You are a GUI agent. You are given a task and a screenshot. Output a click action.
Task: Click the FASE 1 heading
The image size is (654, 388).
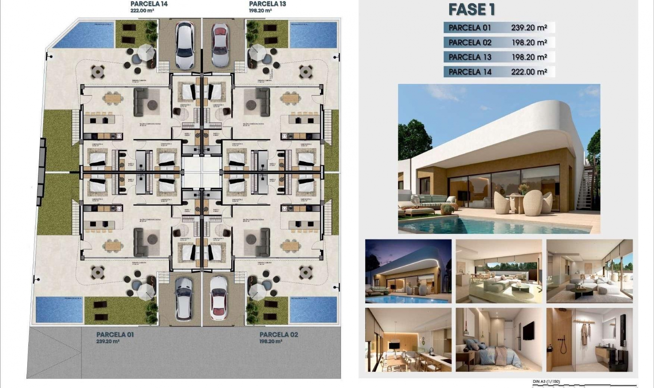tap(471, 10)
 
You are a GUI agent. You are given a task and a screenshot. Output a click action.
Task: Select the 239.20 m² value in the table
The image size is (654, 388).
tap(529, 28)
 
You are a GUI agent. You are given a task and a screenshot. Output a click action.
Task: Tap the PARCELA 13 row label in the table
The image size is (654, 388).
tap(470, 57)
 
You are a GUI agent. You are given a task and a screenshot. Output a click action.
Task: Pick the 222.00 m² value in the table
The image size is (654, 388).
tap(529, 72)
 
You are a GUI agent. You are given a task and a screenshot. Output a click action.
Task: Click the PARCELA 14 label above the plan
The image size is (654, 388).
tap(149, 4)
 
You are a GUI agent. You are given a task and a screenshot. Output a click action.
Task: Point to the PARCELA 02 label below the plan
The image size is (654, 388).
tap(279, 335)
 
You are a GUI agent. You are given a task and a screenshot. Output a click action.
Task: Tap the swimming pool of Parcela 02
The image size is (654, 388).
tap(313, 310)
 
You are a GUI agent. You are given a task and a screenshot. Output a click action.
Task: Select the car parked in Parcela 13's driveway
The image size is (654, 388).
tap(220, 45)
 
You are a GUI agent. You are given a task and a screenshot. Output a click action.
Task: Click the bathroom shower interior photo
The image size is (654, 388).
tap(589, 340)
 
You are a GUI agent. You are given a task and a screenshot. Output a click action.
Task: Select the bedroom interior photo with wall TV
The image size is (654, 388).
tap(499, 340)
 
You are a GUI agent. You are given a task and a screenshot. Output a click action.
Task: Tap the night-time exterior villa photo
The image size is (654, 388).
tap(408, 271)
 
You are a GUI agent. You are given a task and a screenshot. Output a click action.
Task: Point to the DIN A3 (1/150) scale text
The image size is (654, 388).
tap(546, 382)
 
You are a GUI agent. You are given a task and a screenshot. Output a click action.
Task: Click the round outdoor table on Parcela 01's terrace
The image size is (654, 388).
tap(98, 272)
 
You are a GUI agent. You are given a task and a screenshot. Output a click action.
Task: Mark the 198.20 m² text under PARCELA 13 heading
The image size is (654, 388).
tap(260, 11)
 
